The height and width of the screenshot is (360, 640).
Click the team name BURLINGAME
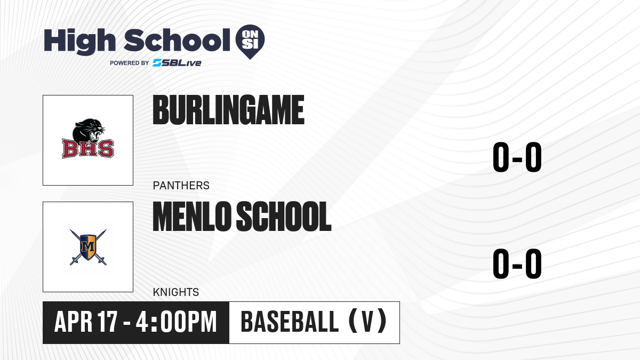[228, 110]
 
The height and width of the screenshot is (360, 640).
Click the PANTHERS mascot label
[181, 186]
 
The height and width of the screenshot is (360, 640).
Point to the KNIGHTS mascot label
[175, 292]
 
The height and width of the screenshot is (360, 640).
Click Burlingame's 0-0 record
[517, 158]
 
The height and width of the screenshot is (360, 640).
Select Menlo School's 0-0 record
[517, 265]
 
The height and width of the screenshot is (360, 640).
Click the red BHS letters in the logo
[88, 149]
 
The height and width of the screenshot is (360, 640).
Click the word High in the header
[80, 41]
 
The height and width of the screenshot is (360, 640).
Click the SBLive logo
[177, 63]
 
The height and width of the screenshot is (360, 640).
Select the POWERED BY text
[130, 63]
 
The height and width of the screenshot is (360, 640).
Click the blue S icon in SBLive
[157, 63]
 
